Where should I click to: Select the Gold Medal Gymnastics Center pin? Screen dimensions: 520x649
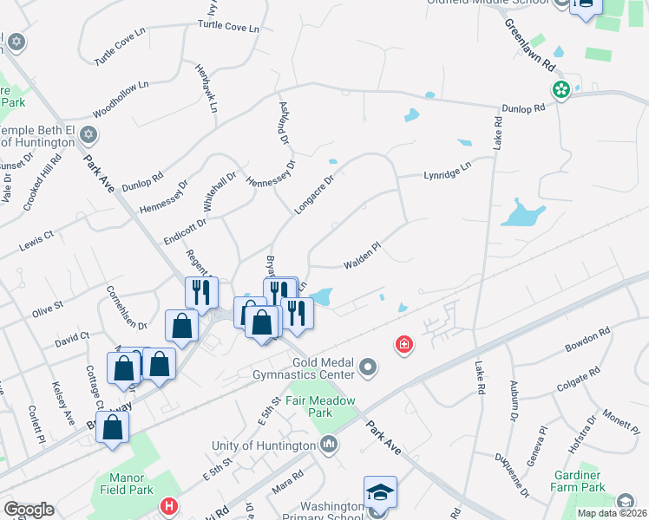coord(369,368)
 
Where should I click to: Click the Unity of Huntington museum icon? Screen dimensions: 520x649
coord(329,445)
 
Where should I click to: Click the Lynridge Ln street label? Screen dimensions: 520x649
coord(447,170)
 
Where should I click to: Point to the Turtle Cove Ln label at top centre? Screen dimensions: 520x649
coord(228,27)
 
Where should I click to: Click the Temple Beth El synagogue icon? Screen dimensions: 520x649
coord(90,134)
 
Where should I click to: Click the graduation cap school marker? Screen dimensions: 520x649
coord(380,493)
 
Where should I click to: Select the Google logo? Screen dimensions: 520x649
coord(29,509)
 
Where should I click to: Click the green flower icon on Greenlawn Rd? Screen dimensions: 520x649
coord(561,89)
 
